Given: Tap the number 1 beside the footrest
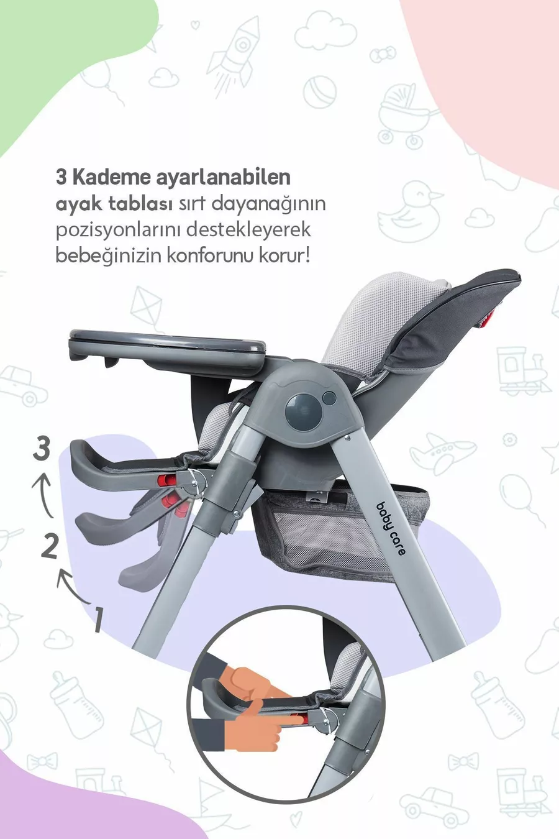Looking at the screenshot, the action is [98, 620].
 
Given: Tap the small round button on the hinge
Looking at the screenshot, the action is [329, 398].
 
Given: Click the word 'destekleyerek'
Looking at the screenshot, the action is [249, 230].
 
